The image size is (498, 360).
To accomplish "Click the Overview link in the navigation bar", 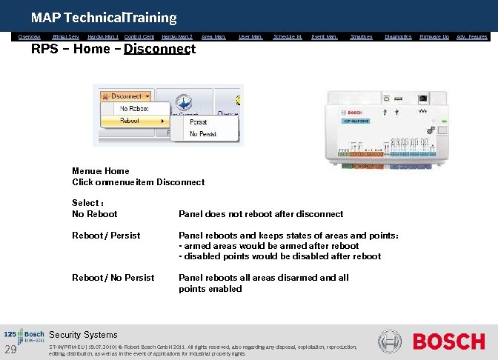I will coord(29,36).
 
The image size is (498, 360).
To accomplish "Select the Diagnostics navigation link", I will coord(398,36).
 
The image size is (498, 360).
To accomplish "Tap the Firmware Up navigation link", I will coord(434,36).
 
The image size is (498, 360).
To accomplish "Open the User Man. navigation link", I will coord(250,36).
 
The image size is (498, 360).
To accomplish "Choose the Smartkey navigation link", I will coord(361,36).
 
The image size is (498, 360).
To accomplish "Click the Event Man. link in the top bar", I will coord(324,36).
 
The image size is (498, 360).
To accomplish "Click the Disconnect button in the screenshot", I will coord(126,96).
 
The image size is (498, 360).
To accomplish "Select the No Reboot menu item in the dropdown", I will coord(133,108).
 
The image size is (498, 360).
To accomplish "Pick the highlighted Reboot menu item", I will coord(130,120).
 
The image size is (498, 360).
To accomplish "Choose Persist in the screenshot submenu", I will coord(199,121).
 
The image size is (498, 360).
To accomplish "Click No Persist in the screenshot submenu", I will coord(203,133).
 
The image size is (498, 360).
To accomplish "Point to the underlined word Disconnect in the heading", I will coord(159,50).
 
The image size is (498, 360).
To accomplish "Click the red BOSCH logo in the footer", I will coord(448,341).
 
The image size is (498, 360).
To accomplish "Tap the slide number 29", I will coord(10,350).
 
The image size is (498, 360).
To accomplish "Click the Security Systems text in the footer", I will coord(83,335).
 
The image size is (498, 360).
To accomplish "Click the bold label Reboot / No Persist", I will coord(113,278).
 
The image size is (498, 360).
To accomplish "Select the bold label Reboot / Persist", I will coord(106,236).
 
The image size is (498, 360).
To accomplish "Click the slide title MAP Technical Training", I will coord(104,17).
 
